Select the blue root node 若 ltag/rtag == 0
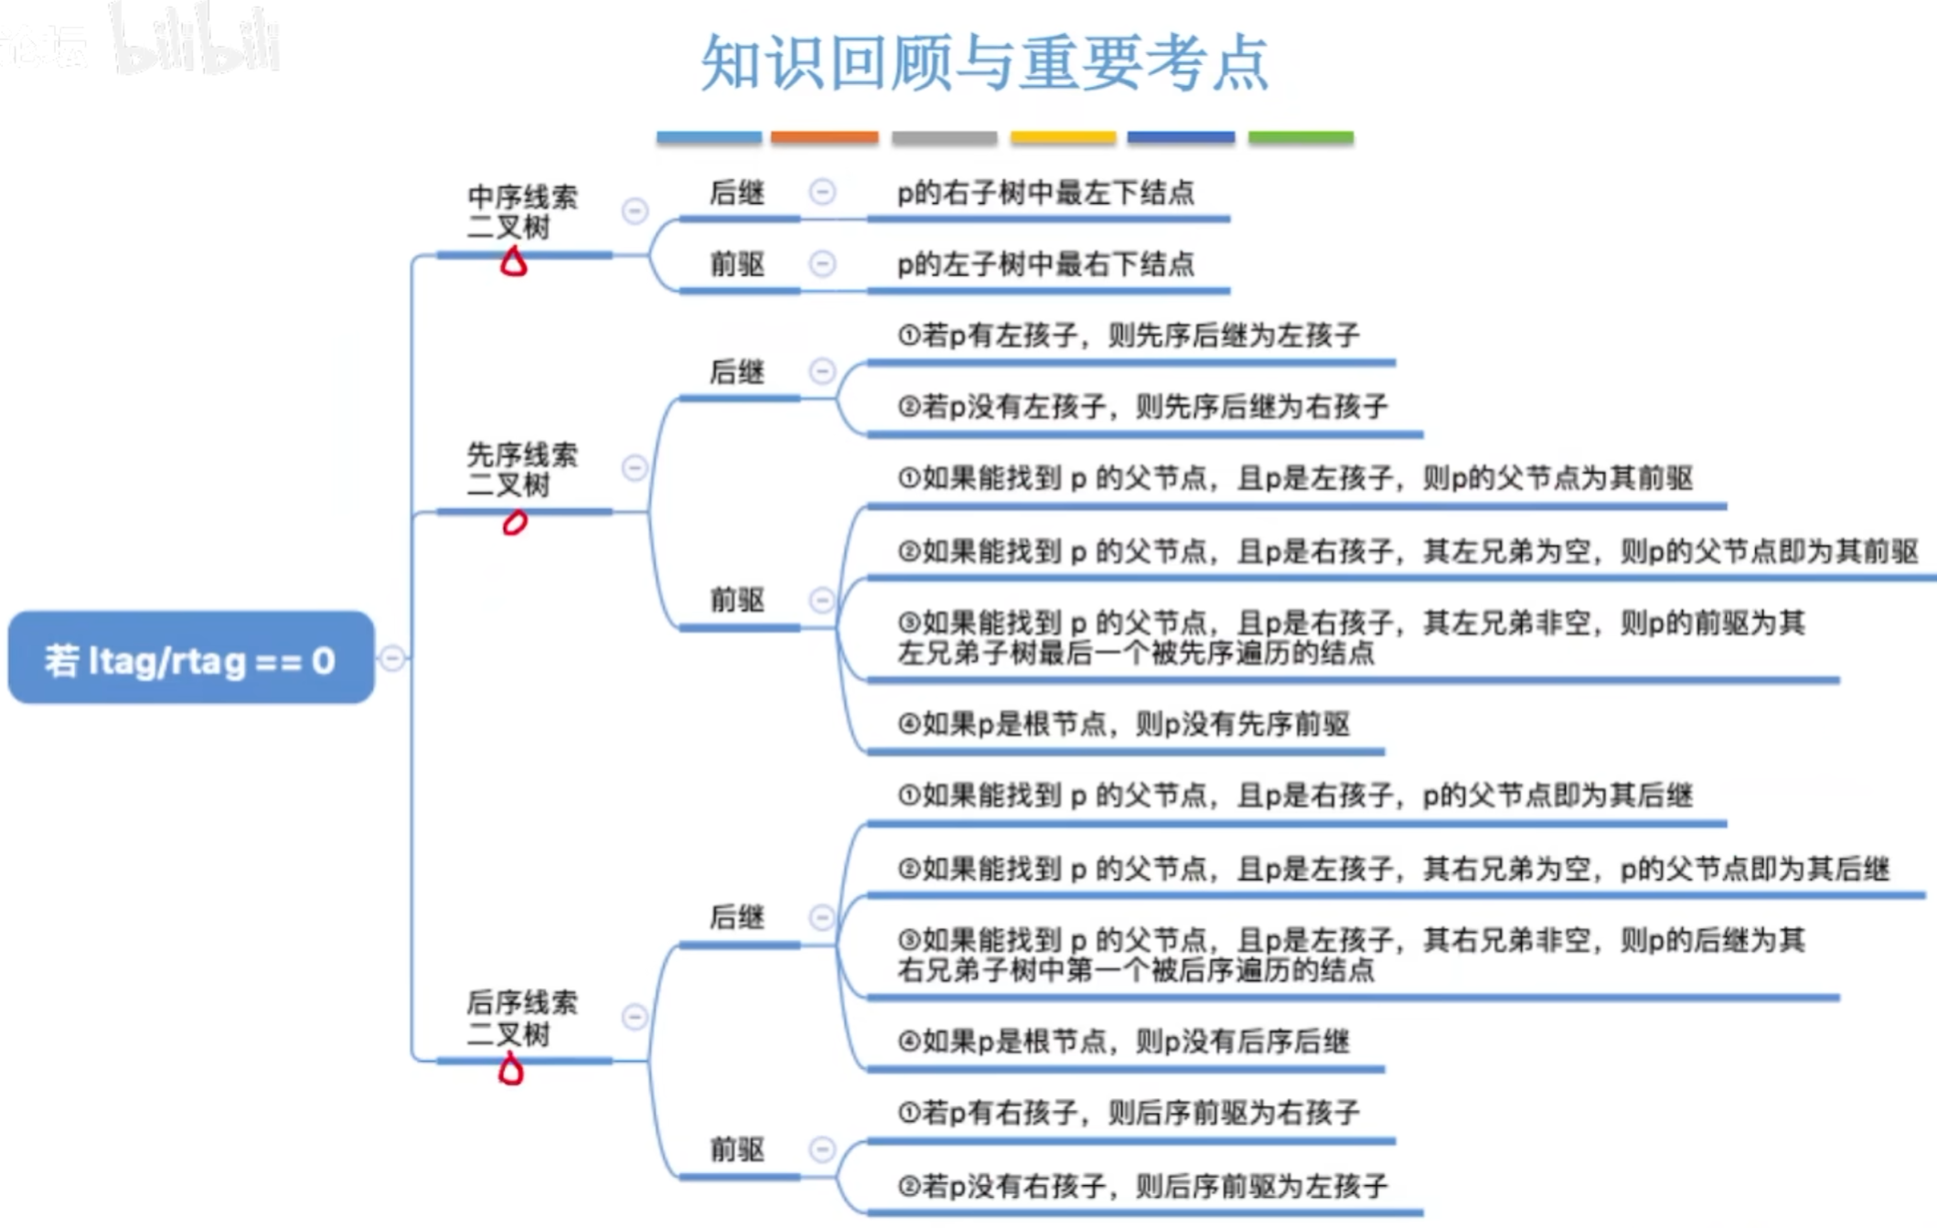pyautogui.click(x=190, y=658)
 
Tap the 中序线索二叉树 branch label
pyautogui.click(x=521, y=212)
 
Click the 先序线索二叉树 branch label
pyautogui.click(x=521, y=469)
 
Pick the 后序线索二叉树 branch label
pyautogui.click(x=521, y=1018)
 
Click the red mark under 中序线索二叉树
pyautogui.click(x=513, y=263)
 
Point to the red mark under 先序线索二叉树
pyautogui.click(x=515, y=522)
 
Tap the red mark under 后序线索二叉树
pyautogui.click(x=510, y=1070)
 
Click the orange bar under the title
pyautogui.click(x=824, y=137)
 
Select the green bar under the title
pyautogui.click(x=1300, y=137)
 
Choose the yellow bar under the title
pyautogui.click(x=1063, y=137)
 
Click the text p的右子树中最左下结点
pyautogui.click(x=1045, y=193)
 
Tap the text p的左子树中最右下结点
pyautogui.click(x=1045, y=265)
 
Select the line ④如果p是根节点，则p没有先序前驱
pyautogui.click(x=1123, y=724)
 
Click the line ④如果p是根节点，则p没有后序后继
pyautogui.click(x=1123, y=1041)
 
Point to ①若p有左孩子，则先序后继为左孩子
pyautogui.click(x=1129, y=336)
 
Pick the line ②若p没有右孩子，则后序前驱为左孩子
pyautogui.click(x=1142, y=1187)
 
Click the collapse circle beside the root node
pyautogui.click(x=392, y=658)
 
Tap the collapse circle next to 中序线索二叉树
pyautogui.click(x=635, y=211)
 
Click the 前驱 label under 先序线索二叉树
pyautogui.click(x=737, y=600)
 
